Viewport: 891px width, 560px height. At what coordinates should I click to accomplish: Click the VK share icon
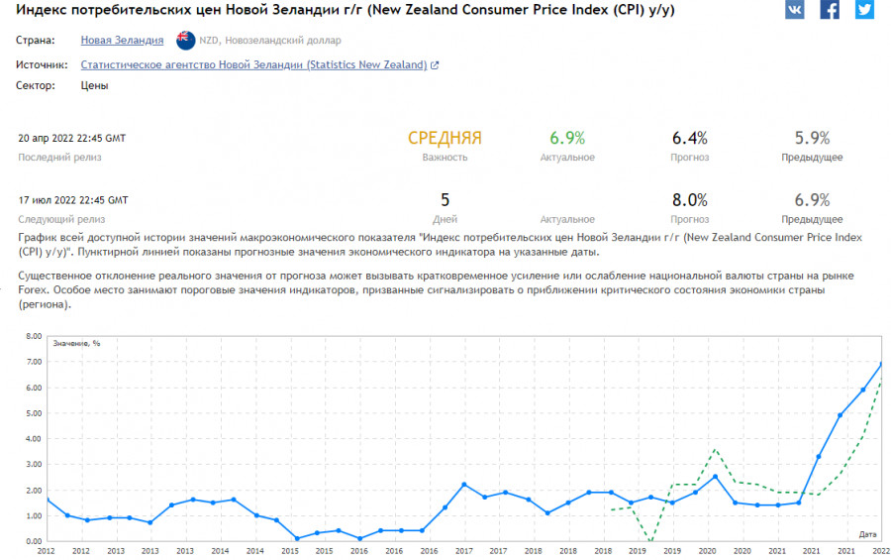point(795,10)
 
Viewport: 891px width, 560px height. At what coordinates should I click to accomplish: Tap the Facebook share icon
point(830,10)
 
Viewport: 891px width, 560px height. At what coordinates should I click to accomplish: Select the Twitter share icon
point(864,10)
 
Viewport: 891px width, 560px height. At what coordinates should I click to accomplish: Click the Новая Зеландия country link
point(122,41)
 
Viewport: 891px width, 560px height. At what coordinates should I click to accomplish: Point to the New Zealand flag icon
point(184,41)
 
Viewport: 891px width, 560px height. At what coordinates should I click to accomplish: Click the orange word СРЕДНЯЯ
point(445,139)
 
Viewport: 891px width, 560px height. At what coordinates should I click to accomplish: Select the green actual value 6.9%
point(567,139)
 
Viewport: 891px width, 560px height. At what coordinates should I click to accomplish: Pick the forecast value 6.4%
point(689,139)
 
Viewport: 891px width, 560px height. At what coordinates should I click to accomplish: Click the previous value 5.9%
point(812,139)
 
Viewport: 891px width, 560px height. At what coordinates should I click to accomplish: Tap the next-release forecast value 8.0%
point(689,200)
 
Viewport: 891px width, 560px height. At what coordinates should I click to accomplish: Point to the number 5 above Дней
point(445,200)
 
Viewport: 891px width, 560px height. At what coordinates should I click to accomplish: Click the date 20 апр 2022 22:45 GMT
point(72,138)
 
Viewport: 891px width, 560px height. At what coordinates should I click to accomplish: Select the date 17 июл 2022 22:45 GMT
point(73,200)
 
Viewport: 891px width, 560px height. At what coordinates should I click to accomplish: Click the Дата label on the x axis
point(867,534)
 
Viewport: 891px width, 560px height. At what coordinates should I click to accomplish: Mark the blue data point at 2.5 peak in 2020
point(715,477)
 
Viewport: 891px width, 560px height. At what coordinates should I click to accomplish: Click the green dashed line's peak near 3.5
point(715,450)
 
